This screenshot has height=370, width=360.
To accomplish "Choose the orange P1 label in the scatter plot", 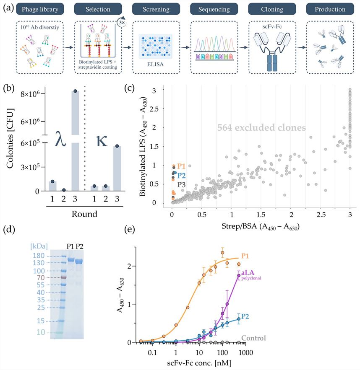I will pyautogui.click(x=182, y=166).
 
